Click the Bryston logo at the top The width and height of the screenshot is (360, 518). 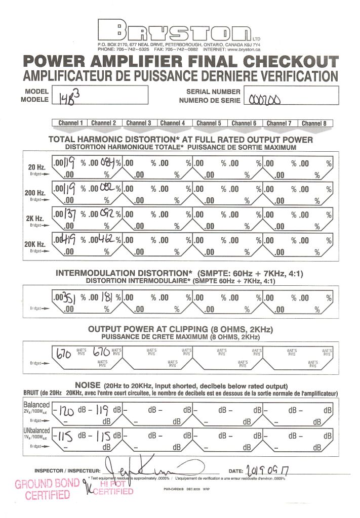pos(175,32)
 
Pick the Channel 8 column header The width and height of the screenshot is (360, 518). pos(314,123)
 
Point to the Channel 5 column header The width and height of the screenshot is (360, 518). pos(209,123)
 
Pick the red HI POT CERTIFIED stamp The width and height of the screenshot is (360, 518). pos(114,488)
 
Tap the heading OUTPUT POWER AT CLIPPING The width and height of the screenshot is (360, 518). pos(180,329)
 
